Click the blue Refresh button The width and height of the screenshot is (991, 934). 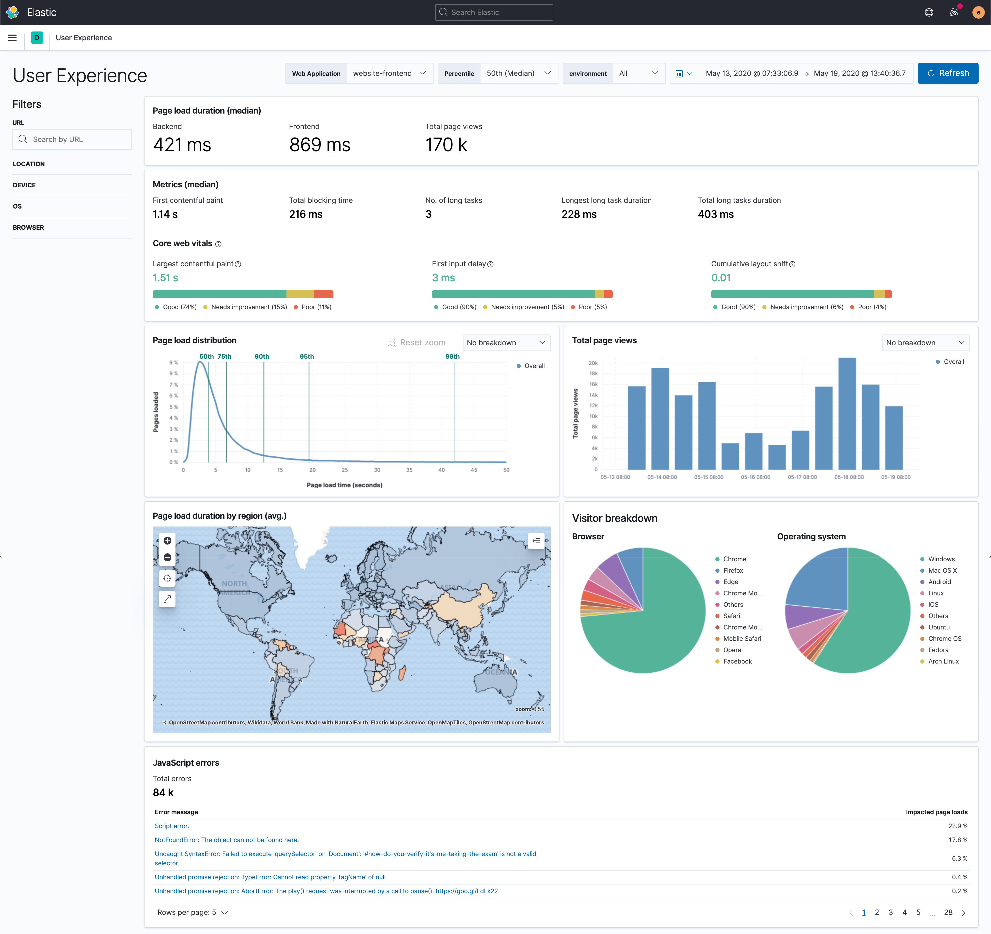coord(948,73)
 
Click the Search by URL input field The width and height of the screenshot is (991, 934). coord(72,140)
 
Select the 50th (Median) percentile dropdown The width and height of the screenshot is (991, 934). coord(518,73)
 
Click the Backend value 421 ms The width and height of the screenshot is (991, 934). coord(182,145)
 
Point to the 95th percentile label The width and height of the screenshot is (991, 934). coord(307,356)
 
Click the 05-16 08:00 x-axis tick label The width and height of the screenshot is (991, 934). coord(755,477)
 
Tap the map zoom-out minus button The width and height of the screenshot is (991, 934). coord(167,557)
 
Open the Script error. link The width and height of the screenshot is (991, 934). coord(172,826)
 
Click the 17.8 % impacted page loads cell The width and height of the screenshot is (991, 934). coord(958,840)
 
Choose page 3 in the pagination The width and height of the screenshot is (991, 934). coord(891,912)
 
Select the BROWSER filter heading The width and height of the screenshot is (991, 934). coord(28,227)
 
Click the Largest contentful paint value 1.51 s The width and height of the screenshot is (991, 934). coord(165,278)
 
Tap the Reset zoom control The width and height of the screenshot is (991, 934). coord(417,342)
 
